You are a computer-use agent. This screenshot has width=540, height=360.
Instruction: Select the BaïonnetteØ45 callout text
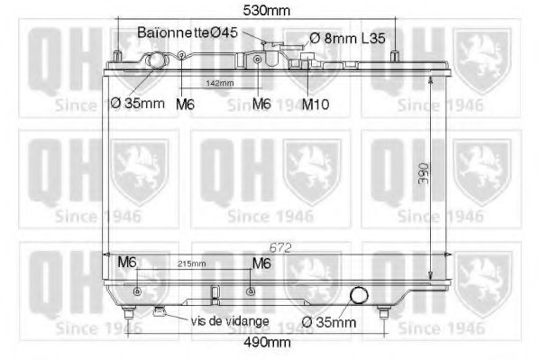tap(188, 32)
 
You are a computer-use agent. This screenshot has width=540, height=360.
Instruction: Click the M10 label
tap(315, 104)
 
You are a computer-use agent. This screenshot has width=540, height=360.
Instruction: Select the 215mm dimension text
tap(192, 264)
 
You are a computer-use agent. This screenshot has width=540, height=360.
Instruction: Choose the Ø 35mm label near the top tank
tap(137, 103)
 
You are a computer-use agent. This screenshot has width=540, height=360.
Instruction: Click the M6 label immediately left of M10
tap(261, 104)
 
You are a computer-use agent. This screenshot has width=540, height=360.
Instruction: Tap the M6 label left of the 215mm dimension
tap(127, 263)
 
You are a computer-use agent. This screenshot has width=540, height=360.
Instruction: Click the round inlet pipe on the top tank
tap(157, 63)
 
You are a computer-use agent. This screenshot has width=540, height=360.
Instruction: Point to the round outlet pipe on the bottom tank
tap(360, 296)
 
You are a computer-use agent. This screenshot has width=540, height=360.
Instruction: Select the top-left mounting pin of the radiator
tap(117, 53)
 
